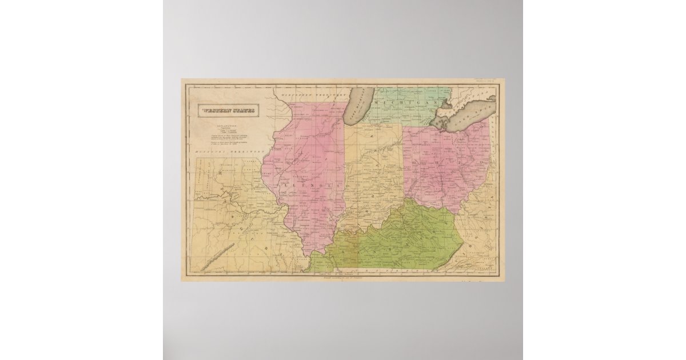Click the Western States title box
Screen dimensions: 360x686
pyautogui.click(x=227, y=110)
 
